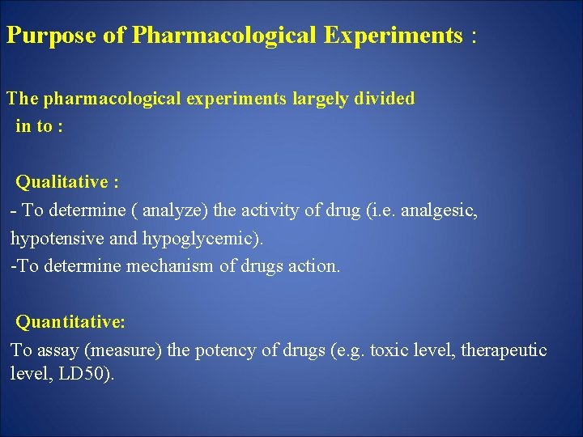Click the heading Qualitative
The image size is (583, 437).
point(63,182)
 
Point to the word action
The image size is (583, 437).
point(313,266)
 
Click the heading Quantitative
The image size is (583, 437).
point(70,322)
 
